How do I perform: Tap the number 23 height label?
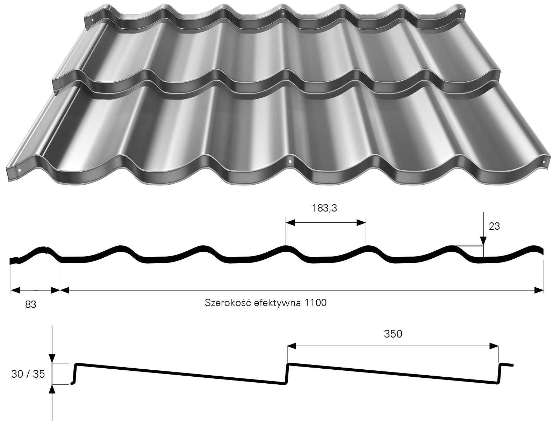click(x=494, y=226)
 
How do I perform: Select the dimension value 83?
click(x=31, y=304)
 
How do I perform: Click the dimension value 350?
click(x=393, y=334)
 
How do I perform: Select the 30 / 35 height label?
click(x=28, y=374)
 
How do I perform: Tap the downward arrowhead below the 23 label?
click(x=483, y=241)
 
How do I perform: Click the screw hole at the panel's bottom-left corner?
click(x=20, y=170)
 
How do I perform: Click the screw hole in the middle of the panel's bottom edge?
click(x=290, y=162)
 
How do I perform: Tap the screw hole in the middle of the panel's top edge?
click(x=283, y=14)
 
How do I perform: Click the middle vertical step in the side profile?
click(x=287, y=374)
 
